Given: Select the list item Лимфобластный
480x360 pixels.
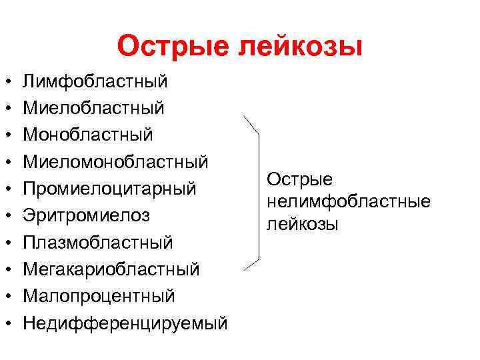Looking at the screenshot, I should tap(95, 82).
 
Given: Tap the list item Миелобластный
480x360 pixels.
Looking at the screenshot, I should tap(93, 108).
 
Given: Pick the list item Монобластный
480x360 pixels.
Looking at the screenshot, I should tap(87, 135).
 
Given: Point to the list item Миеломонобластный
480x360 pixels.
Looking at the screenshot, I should tap(115, 161).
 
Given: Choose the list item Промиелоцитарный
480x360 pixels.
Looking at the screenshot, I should tap(109, 189).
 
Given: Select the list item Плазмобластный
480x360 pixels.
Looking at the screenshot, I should tap(97, 242).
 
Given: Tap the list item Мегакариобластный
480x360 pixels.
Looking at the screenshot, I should tap(111, 269).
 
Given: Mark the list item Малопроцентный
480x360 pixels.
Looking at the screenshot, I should tap(99, 296).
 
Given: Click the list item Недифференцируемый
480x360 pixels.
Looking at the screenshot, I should tap(125, 323).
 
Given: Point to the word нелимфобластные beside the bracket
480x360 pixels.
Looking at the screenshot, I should tap(348, 201).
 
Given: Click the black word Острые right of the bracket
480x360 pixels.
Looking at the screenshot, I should tap(299, 180).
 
